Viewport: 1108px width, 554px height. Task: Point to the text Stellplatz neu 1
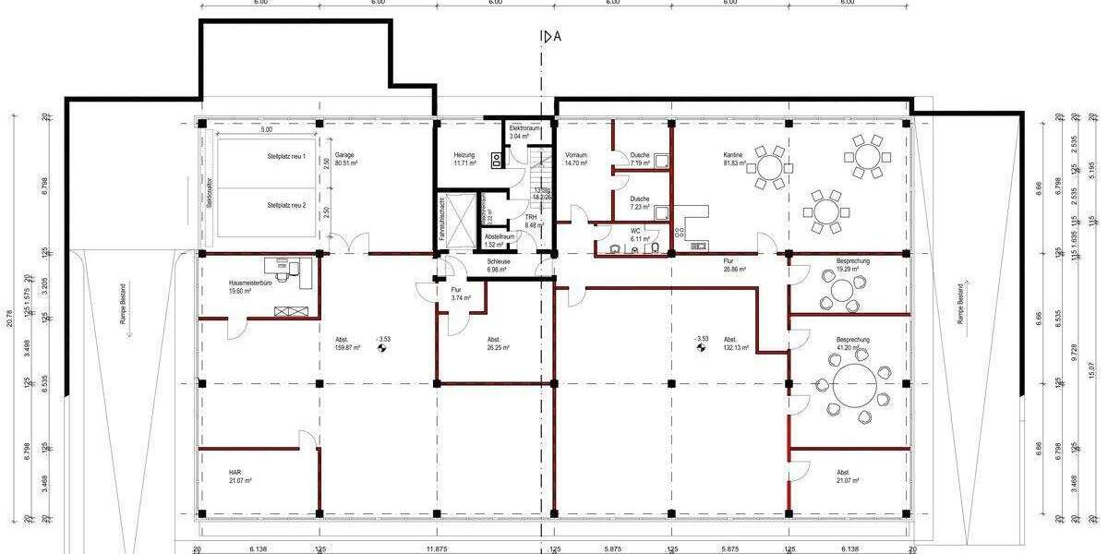286,157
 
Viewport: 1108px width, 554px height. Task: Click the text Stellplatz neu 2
286,205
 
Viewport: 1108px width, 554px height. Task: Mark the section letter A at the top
557,37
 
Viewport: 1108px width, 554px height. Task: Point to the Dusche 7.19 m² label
640,159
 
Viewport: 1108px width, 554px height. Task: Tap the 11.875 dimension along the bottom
438,548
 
